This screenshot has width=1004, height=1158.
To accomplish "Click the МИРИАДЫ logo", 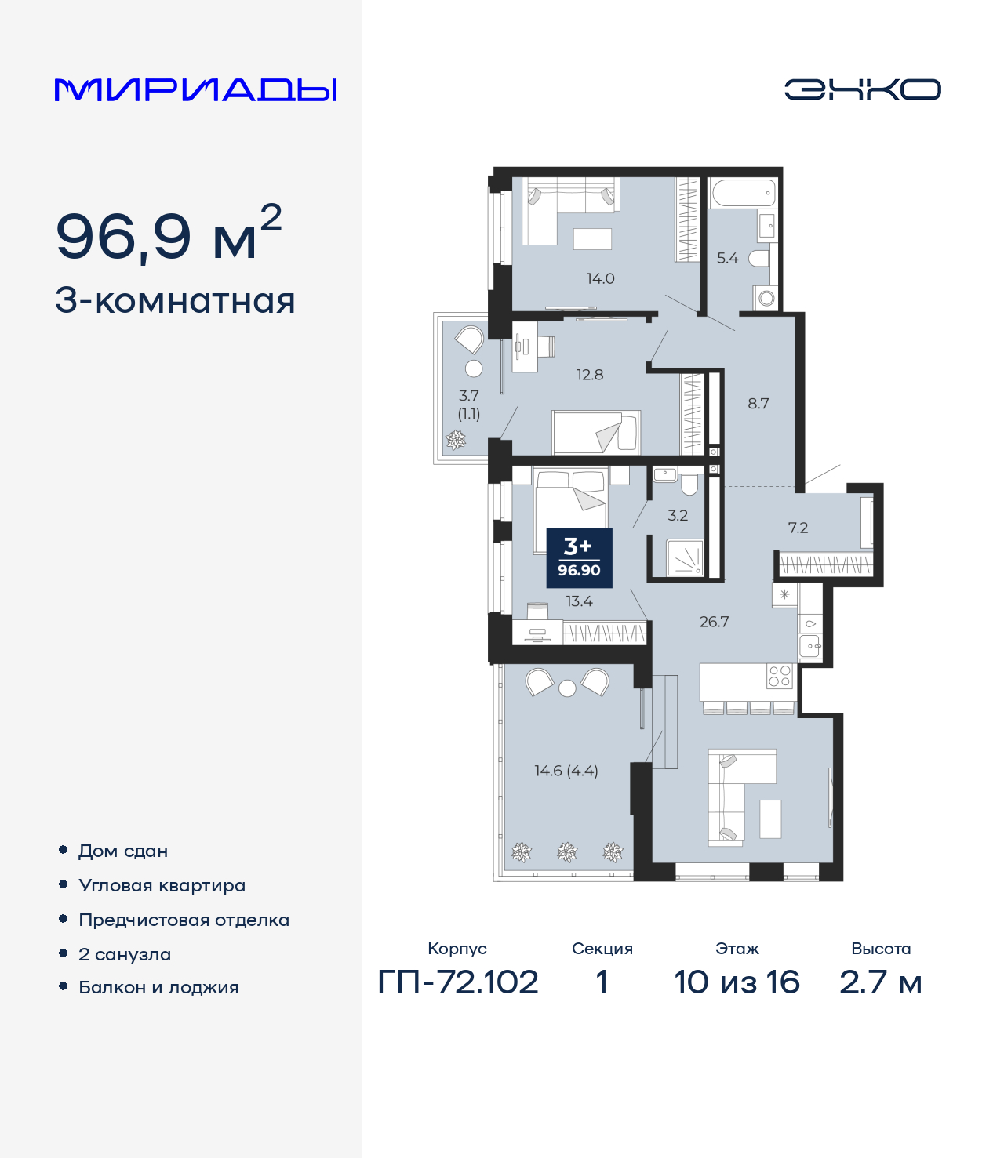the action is tap(195, 89).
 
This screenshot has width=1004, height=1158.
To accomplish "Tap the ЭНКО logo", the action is tap(862, 89).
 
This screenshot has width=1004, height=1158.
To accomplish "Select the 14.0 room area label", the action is tap(600, 278).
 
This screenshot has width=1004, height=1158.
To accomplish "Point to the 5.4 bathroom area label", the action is tap(727, 258).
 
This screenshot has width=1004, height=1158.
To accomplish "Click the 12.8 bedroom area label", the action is tap(590, 375).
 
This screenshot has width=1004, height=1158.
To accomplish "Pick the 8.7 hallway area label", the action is tap(758, 403).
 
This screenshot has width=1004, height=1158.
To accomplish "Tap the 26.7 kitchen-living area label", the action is tap(715, 622).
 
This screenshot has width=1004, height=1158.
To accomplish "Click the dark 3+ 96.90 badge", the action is tap(579, 558).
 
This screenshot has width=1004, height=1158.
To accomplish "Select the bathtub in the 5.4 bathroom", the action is tap(744, 193).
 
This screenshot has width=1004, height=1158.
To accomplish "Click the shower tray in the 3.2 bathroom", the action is tap(685, 557).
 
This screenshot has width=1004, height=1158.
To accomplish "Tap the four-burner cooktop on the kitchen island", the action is tap(780, 676).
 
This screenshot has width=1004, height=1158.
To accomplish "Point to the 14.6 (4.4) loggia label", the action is tap(566, 771).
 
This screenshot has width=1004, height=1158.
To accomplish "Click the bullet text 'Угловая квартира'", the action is tap(162, 886).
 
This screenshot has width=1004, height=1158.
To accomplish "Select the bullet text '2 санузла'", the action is tap(125, 954).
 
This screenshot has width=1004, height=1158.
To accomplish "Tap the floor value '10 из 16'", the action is tap(737, 982).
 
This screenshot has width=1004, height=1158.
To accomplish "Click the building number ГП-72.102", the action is tap(458, 982).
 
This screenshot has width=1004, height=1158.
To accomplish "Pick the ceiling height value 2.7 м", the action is tap(880, 982).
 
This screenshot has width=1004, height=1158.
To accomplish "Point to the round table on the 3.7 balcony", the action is tap(475, 368).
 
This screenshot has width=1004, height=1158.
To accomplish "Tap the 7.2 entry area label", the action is tap(798, 528).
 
